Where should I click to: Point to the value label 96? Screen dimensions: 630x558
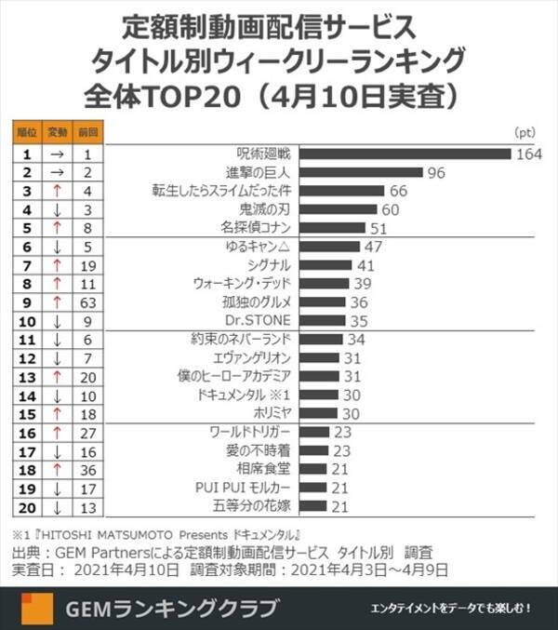pyautogui.click(x=438, y=172)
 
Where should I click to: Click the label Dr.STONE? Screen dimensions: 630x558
pyautogui.click(x=267, y=320)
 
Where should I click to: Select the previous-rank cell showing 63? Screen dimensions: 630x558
pyautogui.click(x=87, y=302)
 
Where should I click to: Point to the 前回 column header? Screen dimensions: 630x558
pyautogui.click(x=87, y=132)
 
